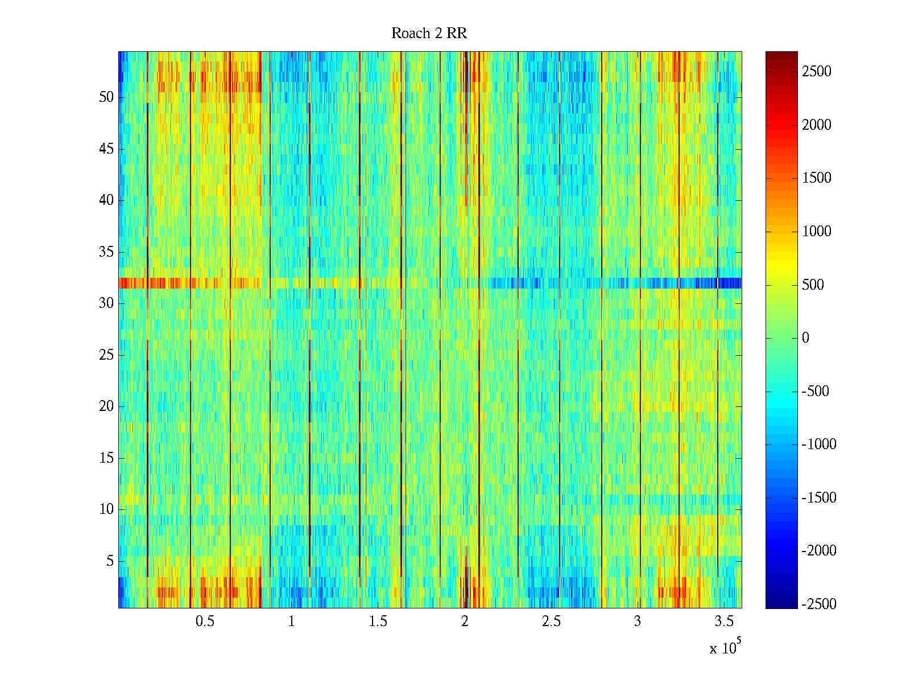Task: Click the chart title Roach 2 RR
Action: pyautogui.click(x=429, y=34)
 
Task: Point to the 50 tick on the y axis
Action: pyautogui.click(x=106, y=97)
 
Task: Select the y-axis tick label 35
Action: pyautogui.click(x=106, y=252)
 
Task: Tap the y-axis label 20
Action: pyautogui.click(x=106, y=406)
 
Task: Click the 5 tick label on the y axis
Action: pyautogui.click(x=110, y=561)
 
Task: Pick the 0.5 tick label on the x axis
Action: pyautogui.click(x=205, y=622)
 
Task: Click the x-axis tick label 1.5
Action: pyautogui.click(x=378, y=622)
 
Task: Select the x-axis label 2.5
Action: pyautogui.click(x=551, y=622)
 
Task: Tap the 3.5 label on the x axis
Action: pyautogui.click(x=724, y=622)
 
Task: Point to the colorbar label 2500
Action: pyautogui.click(x=817, y=72)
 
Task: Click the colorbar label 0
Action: pyautogui.click(x=805, y=338)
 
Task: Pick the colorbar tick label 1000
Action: pyautogui.click(x=817, y=232)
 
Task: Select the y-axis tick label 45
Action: pyautogui.click(x=106, y=149)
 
